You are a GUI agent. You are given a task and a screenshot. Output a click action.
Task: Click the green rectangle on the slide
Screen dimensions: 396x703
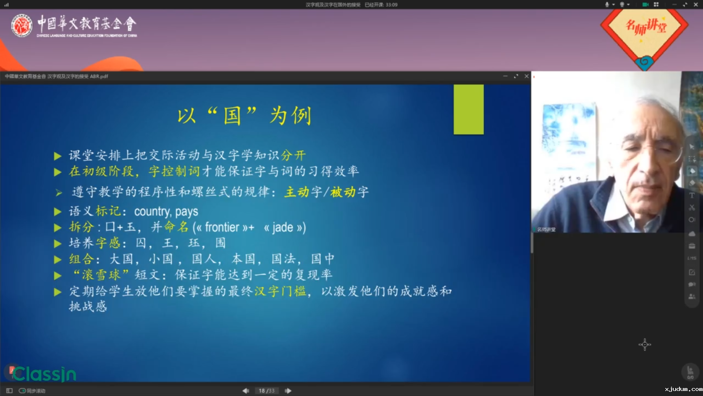468,110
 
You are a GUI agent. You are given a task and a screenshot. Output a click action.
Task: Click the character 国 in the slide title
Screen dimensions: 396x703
232,116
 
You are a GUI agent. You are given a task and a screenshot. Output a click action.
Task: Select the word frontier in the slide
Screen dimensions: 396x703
222,227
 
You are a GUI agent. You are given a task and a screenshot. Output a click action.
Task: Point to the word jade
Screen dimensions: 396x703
283,227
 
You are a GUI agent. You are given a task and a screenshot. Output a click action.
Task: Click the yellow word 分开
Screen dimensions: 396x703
293,155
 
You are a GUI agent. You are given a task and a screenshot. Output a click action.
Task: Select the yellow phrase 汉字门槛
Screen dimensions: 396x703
280,291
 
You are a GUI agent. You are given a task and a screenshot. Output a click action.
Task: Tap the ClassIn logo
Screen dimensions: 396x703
44,374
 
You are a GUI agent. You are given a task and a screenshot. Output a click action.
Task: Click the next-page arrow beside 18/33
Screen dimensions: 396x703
288,391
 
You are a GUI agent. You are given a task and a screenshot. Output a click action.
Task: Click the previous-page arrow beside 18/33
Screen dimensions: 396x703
246,391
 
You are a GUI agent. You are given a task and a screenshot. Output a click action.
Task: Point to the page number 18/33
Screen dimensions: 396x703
267,391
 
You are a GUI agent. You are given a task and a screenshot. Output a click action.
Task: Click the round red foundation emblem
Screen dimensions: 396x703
21,26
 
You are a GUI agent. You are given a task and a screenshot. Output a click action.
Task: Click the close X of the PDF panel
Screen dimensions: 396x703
527,76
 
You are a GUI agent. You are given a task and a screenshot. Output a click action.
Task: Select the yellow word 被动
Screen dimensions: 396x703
343,192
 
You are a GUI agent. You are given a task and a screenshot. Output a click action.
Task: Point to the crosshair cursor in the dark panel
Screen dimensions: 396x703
645,345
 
